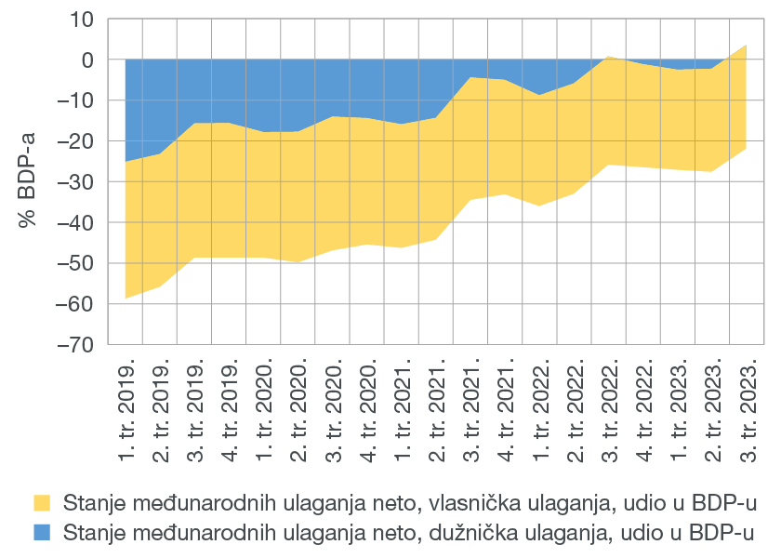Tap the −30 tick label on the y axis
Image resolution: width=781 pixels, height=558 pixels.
pos(74,181)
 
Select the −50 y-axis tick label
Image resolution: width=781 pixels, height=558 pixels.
pos(74,263)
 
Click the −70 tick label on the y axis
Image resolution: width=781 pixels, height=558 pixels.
pos(74,344)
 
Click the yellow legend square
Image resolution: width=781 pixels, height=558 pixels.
pos(42,503)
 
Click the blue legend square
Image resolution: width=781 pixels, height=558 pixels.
pos(42,532)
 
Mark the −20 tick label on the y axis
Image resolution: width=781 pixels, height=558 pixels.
pos(74,140)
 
